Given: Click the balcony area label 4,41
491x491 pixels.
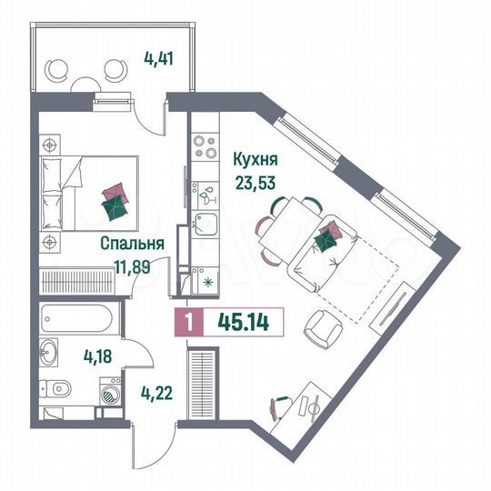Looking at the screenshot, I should click(x=157, y=64).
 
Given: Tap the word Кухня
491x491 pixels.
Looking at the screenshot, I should click(x=256, y=160).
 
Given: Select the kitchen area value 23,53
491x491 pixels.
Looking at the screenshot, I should click(x=256, y=179).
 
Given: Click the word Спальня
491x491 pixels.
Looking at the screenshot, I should click(x=132, y=244).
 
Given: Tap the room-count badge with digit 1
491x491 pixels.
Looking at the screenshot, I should click(x=186, y=321).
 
